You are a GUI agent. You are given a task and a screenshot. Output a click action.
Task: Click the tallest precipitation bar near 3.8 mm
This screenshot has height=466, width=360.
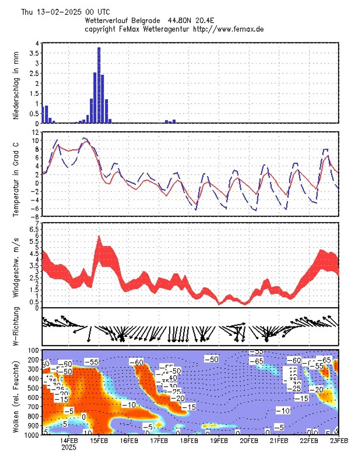tap(99, 85)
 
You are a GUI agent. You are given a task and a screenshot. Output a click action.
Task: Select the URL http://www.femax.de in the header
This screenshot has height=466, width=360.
tap(228, 29)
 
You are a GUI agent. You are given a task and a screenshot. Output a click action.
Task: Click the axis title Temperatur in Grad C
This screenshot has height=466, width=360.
tap(16, 174)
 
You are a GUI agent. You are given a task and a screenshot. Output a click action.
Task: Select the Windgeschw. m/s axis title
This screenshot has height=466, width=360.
tap(16, 265)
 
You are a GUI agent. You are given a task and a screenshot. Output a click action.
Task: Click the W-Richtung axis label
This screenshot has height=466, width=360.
tap(16, 326)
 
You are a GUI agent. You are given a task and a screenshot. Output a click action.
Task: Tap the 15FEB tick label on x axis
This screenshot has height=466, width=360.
tap(99, 441)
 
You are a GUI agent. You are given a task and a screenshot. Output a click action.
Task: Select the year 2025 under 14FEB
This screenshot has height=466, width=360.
tap(69, 447)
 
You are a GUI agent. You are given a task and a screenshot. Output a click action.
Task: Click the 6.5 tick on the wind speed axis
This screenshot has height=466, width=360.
tap(35, 229)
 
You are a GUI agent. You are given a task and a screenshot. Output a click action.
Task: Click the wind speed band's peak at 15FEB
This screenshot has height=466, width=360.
tap(99, 237)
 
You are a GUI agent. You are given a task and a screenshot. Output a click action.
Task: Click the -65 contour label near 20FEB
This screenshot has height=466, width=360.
tap(256, 361)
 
